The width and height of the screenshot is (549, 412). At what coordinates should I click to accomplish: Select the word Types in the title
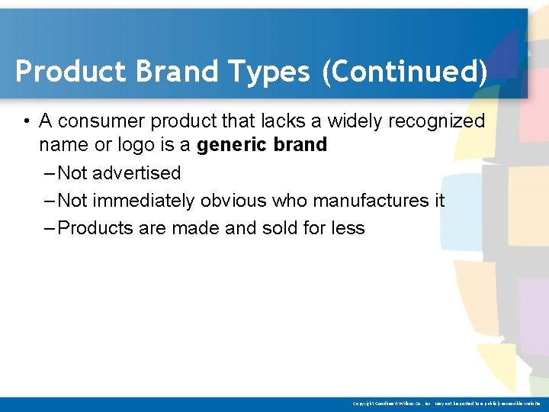click(x=262, y=72)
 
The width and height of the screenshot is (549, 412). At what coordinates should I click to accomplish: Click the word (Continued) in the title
click(x=404, y=72)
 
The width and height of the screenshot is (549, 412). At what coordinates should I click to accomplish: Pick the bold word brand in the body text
click(x=303, y=145)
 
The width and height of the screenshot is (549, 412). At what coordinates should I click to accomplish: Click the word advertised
click(x=137, y=173)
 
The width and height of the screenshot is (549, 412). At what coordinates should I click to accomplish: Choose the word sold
click(x=279, y=228)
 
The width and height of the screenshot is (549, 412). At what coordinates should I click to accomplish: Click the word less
click(x=348, y=228)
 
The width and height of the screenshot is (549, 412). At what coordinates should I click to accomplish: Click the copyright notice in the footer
click(x=446, y=403)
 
